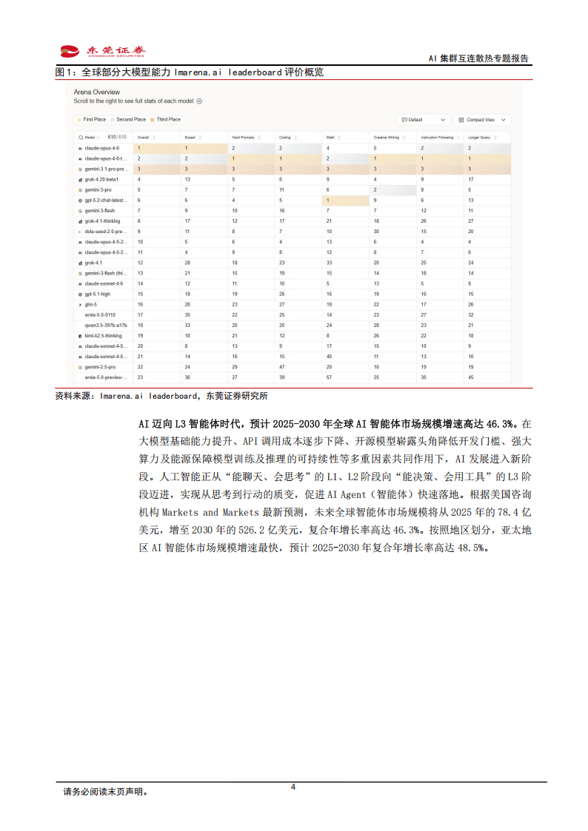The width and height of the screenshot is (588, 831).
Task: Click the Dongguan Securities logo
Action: tap(103, 51)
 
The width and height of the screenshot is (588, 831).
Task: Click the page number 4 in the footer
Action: tap(293, 787)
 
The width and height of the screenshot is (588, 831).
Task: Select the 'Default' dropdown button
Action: tap(424, 119)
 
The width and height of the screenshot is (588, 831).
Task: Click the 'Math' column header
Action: tap(331, 137)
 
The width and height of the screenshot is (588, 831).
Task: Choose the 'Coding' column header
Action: tap(285, 137)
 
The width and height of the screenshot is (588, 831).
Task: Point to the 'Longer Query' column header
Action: tap(480, 137)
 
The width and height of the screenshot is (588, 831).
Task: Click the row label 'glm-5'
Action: tap(92, 304)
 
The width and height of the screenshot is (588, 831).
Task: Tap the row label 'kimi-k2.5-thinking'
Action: tap(105, 335)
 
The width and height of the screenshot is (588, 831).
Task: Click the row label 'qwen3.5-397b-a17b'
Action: tap(106, 325)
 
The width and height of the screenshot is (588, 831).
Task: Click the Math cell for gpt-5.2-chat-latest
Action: tap(328, 200)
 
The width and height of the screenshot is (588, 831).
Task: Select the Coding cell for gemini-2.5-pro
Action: tap(281, 366)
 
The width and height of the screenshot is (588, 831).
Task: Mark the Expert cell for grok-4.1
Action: tap(188, 263)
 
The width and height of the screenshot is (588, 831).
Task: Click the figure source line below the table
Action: tap(161, 396)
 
